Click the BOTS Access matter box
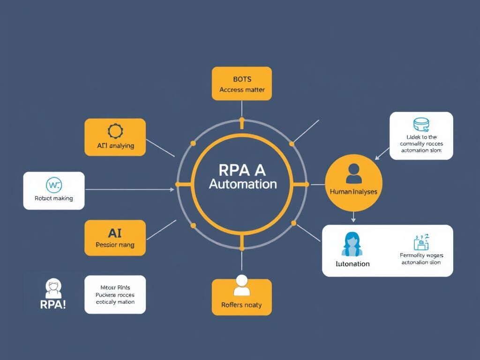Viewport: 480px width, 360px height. point(241,83)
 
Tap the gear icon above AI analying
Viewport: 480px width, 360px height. point(115,130)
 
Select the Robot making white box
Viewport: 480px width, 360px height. point(54,190)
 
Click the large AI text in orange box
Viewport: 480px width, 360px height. point(115,232)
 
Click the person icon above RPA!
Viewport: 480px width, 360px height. point(53,287)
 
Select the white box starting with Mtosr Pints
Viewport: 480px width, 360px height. point(115,294)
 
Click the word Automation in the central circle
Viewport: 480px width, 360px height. point(242,184)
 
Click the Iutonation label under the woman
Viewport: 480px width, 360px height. point(352,263)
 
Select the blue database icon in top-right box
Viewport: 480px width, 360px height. point(421,125)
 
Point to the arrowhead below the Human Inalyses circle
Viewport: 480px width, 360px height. point(353,219)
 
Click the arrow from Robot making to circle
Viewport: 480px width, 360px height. point(129,190)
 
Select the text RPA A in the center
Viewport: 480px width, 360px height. point(242,169)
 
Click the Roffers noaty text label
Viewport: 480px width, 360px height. point(241,305)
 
